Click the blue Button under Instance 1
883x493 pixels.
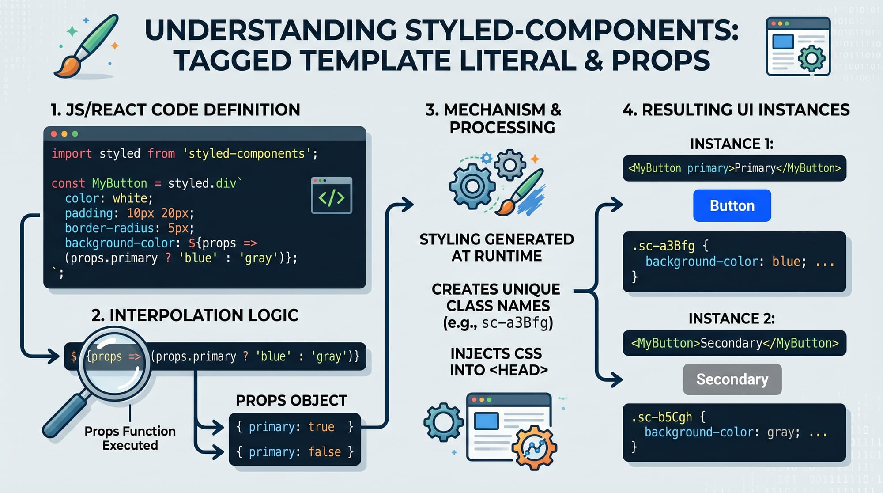[732, 206]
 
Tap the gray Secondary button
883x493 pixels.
[732, 379]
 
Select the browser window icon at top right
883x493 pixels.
[798, 46]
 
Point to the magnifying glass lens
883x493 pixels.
[114, 364]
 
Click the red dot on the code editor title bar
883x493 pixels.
[54, 134]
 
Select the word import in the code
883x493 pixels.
[72, 154]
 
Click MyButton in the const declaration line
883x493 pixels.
[119, 183]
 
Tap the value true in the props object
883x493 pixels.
[321, 427]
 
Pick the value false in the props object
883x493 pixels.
[325, 452]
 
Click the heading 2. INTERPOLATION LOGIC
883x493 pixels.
[195, 315]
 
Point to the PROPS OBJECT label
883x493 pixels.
[291, 400]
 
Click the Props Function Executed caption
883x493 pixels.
[130, 438]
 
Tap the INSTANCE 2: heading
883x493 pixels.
[731, 319]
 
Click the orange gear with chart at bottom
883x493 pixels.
[534, 447]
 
